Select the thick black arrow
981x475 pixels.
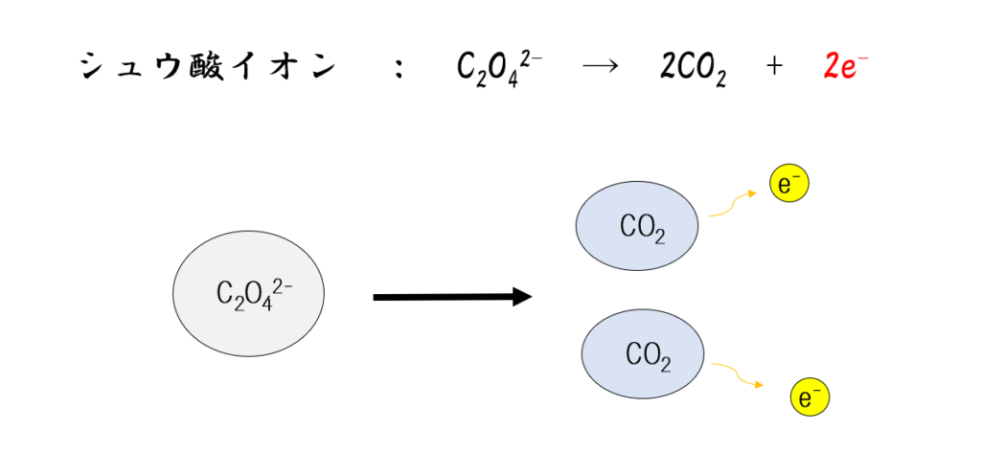450,297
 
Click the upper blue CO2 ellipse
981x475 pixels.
636,227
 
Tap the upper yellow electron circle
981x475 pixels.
789,185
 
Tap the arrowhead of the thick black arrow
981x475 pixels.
521,297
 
